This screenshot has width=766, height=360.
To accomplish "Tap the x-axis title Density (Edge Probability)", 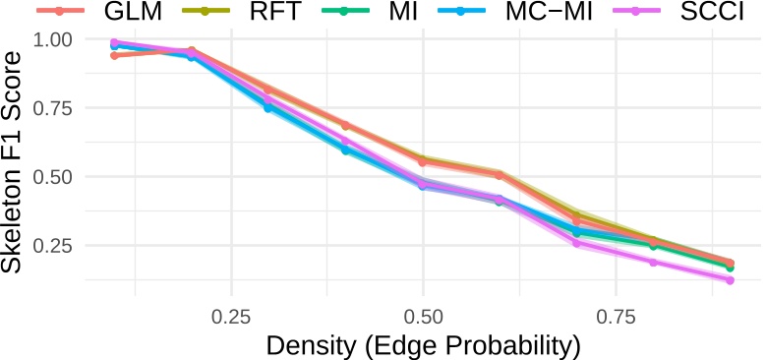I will pyautogui.click(x=423, y=345).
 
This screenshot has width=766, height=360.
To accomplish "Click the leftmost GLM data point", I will pyautogui.click(x=115, y=55).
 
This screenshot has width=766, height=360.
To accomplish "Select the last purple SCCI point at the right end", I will pyautogui.click(x=730, y=280).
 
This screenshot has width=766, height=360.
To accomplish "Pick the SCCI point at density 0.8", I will pyautogui.click(x=653, y=262).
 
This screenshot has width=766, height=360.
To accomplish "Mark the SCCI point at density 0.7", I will pyautogui.click(x=576, y=242).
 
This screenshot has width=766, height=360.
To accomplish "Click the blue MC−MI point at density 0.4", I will pyautogui.click(x=345, y=150).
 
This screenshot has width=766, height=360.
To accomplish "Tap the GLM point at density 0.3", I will pyautogui.click(x=268, y=90).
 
